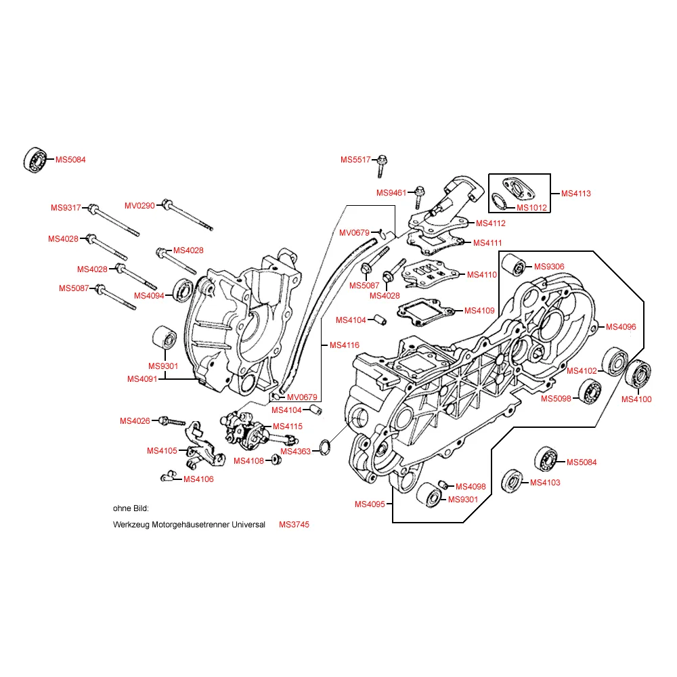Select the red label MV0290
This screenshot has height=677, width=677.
click(139, 205)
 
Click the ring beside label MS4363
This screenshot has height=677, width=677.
click(324, 447)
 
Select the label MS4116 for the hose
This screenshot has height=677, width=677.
click(345, 345)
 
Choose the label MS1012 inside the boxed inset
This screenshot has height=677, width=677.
click(531, 207)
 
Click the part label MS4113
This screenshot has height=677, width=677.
click(576, 194)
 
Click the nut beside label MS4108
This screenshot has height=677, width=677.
click(276, 460)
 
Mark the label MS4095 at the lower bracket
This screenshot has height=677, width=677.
click(370, 504)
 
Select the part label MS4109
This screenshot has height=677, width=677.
click(480, 311)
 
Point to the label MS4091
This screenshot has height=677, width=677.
click(142, 379)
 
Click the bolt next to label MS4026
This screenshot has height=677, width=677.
click(171, 422)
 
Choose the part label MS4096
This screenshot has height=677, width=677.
click(621, 327)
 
